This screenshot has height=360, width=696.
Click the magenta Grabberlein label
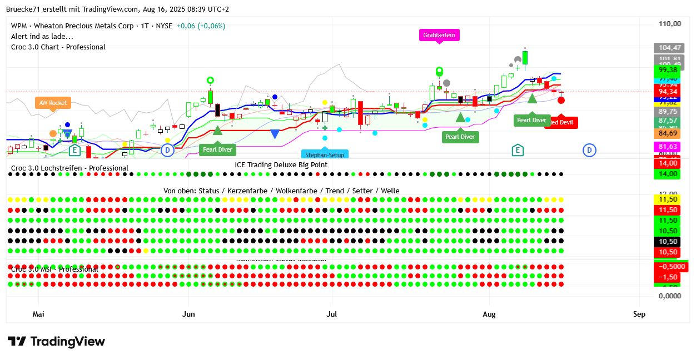[439, 35]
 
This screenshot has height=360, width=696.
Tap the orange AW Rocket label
[53, 103]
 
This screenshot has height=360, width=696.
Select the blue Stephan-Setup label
[325, 155]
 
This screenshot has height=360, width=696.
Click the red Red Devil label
[563, 122]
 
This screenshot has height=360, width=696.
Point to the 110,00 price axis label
[669, 24]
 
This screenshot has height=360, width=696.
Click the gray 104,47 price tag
[669, 48]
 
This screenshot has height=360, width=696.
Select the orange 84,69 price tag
[668, 133]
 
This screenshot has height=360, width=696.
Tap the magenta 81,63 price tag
[668, 147]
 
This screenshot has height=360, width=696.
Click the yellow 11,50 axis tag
[668, 199]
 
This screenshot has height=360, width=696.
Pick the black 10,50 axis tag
[668, 242]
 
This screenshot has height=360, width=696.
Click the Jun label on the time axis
[188, 314]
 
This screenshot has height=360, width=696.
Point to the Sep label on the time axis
[639, 314]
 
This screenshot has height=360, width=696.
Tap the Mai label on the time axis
[38, 314]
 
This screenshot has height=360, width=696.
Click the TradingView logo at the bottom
[56, 342]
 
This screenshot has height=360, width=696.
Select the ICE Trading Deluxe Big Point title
[281, 164]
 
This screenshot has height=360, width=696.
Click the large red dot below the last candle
[561, 100]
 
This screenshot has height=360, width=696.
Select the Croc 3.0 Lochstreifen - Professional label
[69, 168]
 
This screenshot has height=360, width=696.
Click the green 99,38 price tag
[668, 70]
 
